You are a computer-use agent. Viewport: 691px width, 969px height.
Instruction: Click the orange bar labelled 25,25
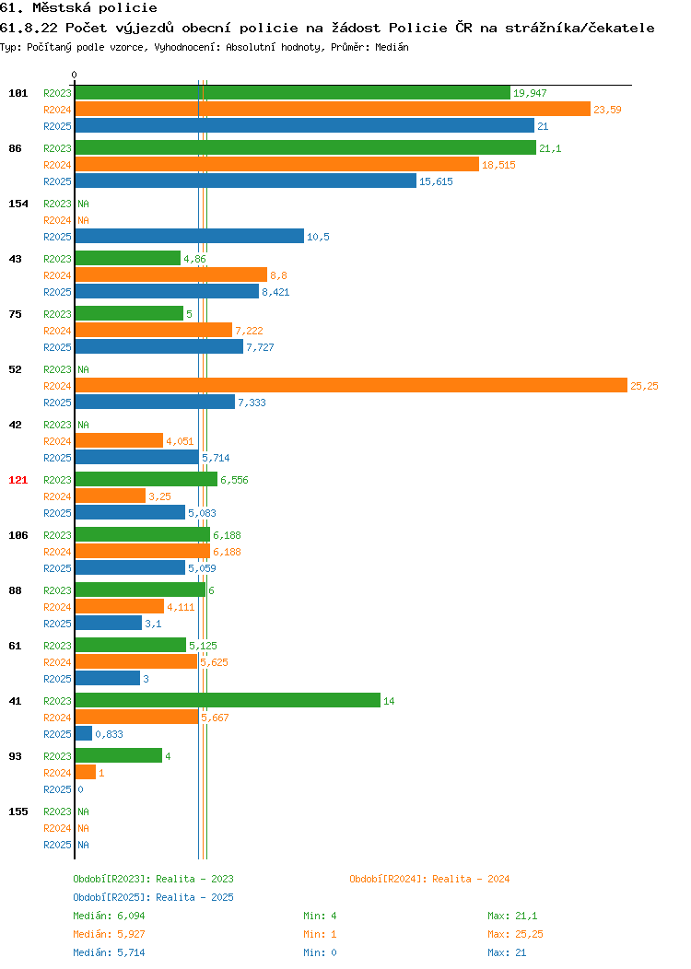pyautogui.click(x=351, y=386)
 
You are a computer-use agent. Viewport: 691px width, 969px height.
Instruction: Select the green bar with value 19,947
pyautogui.click(x=293, y=93)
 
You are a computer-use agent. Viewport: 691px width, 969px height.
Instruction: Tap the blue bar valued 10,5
pyautogui.click(x=190, y=236)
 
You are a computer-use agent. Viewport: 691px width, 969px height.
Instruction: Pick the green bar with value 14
pyautogui.click(x=228, y=700)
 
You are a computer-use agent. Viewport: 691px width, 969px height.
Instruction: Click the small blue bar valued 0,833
pyautogui.click(x=84, y=733)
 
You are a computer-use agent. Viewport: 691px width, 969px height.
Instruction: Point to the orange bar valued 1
pyautogui.click(x=86, y=773)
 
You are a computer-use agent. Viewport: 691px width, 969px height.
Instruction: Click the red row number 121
pyautogui.click(x=18, y=480)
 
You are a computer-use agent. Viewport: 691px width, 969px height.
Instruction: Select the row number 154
pyautogui.click(x=18, y=204)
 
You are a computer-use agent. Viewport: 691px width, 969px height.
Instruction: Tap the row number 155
pyautogui.click(x=18, y=812)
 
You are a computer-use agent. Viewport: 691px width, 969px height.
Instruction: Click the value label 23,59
pyautogui.click(x=607, y=110)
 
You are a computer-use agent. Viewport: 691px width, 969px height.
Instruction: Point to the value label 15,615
pyautogui.click(x=436, y=181)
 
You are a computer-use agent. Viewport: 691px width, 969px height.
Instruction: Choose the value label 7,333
pyautogui.click(x=252, y=403)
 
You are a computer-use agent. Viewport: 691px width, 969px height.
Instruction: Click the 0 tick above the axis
pyautogui.click(x=75, y=76)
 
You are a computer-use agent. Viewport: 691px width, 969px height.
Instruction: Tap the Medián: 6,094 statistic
pyautogui.click(x=109, y=916)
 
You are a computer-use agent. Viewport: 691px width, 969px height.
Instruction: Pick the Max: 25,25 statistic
pyautogui.click(x=515, y=934)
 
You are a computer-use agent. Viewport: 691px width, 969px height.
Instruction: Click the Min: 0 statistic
pyautogui.click(x=320, y=953)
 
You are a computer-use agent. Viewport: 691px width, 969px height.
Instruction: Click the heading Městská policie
pyautogui.click(x=95, y=8)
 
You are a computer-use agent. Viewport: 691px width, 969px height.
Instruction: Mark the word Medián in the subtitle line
pyautogui.click(x=392, y=47)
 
